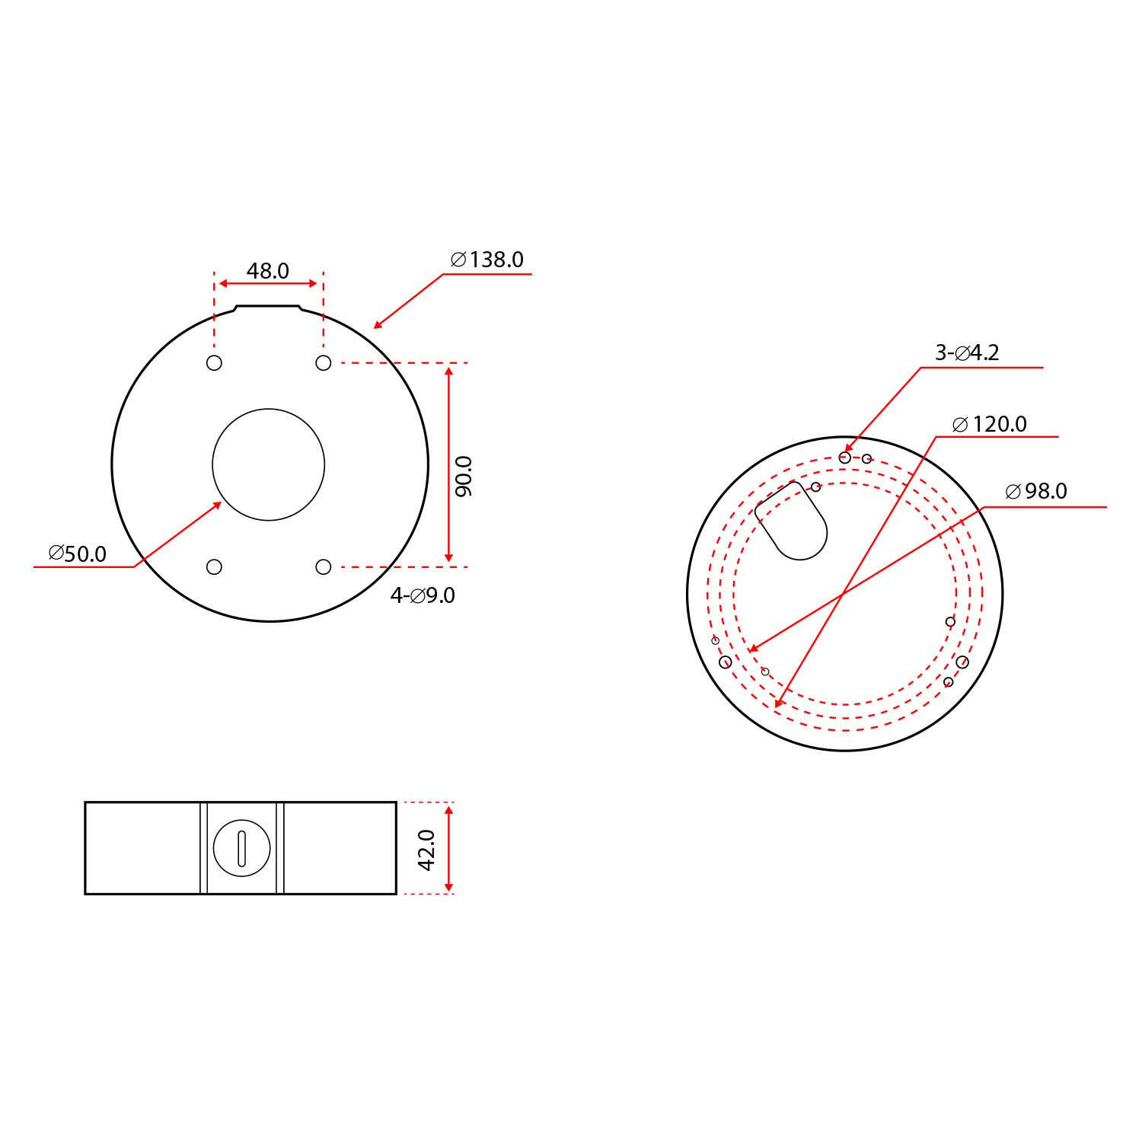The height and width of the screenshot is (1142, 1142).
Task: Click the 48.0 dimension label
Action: (268, 270)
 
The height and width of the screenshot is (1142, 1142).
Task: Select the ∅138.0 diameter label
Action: (487, 260)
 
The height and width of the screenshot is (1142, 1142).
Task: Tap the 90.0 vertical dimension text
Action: (464, 477)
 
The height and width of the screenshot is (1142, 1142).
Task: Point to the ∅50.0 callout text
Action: (78, 553)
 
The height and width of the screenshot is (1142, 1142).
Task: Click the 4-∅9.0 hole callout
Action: (423, 595)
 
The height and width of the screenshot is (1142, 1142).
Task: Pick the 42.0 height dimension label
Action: (426, 850)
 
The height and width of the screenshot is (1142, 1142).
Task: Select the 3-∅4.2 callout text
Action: (967, 352)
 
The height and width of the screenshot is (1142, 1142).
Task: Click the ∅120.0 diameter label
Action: (990, 424)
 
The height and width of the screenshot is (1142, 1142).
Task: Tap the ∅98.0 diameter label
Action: (1036, 491)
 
